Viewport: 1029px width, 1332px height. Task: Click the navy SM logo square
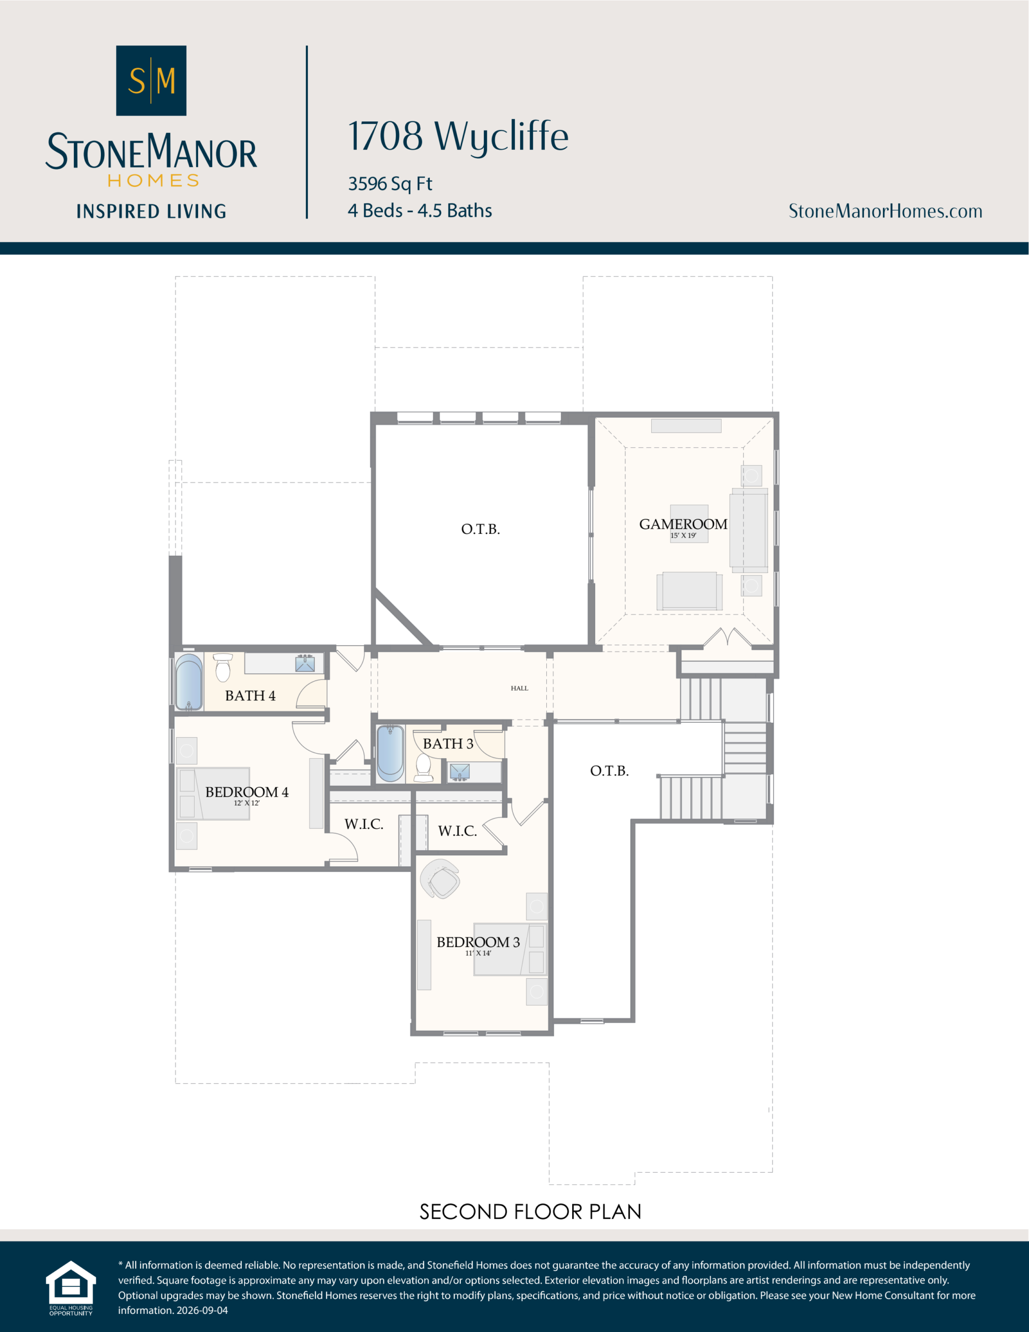click(x=151, y=81)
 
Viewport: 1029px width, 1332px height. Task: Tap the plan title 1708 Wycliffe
click(x=458, y=137)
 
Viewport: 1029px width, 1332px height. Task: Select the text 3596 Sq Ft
click(x=390, y=184)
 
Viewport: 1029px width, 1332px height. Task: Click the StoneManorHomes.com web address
click(x=885, y=211)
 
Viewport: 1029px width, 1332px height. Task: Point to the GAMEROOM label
click(x=683, y=524)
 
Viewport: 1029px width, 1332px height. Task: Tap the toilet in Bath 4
click(x=223, y=667)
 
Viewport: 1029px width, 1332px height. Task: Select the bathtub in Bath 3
click(x=390, y=753)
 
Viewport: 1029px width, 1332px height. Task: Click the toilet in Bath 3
click(x=423, y=768)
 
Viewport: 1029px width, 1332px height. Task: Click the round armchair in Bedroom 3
click(x=441, y=879)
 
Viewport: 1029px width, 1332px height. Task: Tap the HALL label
click(x=520, y=688)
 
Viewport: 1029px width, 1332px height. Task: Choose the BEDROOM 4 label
click(x=247, y=791)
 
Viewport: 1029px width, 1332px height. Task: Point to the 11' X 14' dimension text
click(x=478, y=953)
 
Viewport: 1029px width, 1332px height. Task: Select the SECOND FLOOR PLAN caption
click(x=531, y=1212)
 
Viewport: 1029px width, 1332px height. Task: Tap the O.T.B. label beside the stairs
click(x=609, y=771)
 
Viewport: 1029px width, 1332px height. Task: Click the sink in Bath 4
click(x=305, y=663)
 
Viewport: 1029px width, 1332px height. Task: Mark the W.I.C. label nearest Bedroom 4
click(x=364, y=824)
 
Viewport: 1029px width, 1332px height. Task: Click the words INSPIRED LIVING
click(x=151, y=212)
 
